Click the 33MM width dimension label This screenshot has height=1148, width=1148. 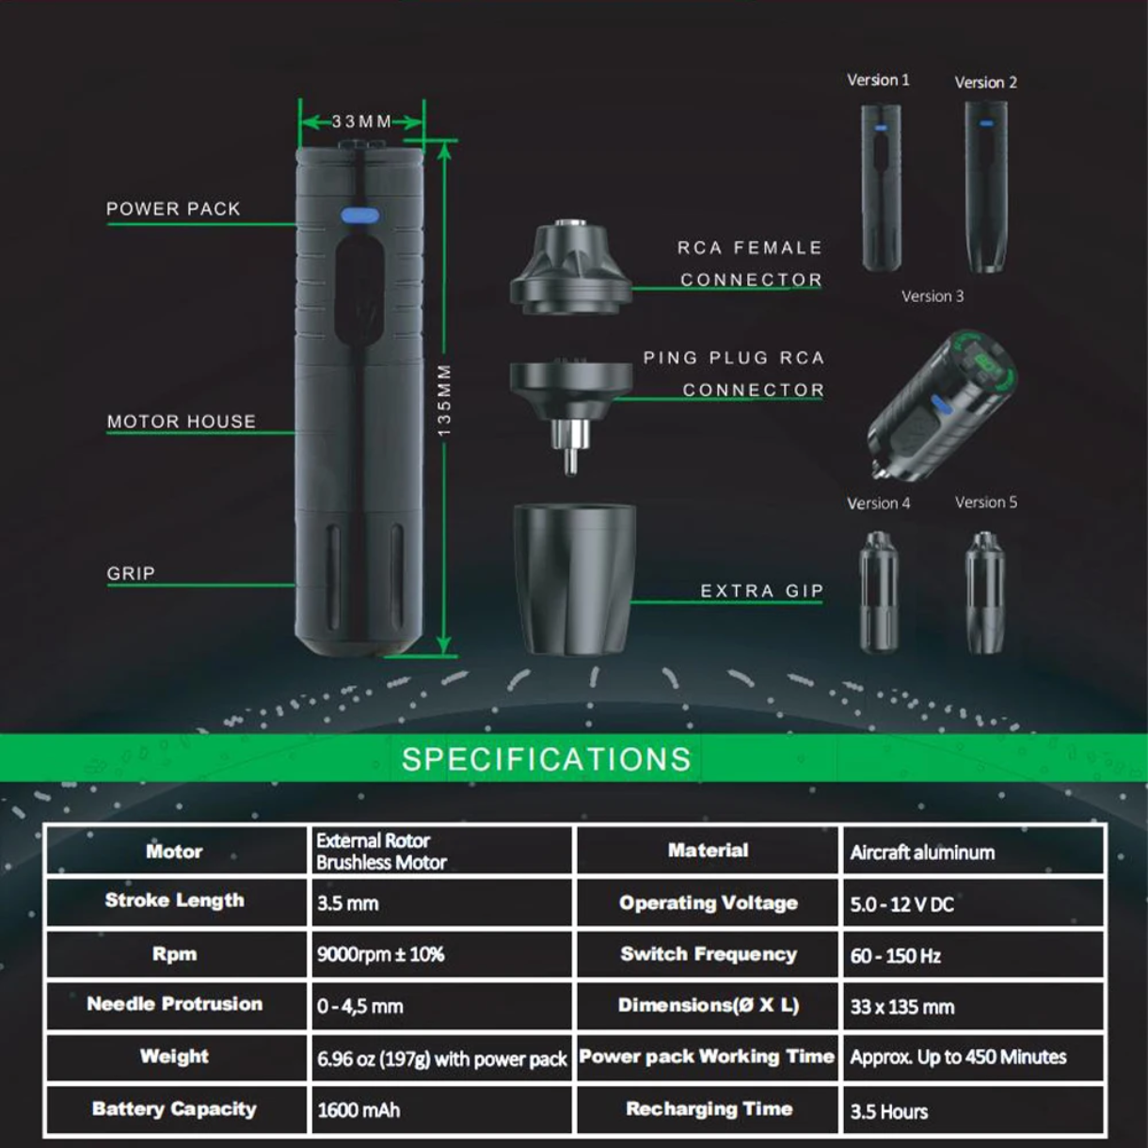[x=361, y=121]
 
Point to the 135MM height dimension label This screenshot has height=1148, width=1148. [x=444, y=400]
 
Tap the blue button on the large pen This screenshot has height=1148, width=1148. [x=359, y=215]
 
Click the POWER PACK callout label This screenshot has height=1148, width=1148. [x=173, y=209]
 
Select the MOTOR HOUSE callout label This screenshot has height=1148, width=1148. [x=182, y=422]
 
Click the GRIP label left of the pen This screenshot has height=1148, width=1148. [x=131, y=573]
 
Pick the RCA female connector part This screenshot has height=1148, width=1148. [x=571, y=267]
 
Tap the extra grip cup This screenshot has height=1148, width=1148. [x=574, y=579]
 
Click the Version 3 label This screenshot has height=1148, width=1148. [x=933, y=296]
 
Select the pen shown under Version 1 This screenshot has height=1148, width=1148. [x=881, y=187]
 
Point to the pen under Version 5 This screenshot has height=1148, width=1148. [x=985, y=592]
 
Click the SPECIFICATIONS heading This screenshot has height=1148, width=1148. [x=547, y=759]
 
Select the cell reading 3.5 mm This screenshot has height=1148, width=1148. [x=440, y=902]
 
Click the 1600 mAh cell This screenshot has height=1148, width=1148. [x=440, y=1109]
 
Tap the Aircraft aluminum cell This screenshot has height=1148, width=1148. [x=973, y=851]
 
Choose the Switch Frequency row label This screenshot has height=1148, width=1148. [x=709, y=954]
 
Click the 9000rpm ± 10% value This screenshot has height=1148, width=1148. [x=381, y=954]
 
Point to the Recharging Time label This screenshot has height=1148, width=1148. [x=709, y=1108]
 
